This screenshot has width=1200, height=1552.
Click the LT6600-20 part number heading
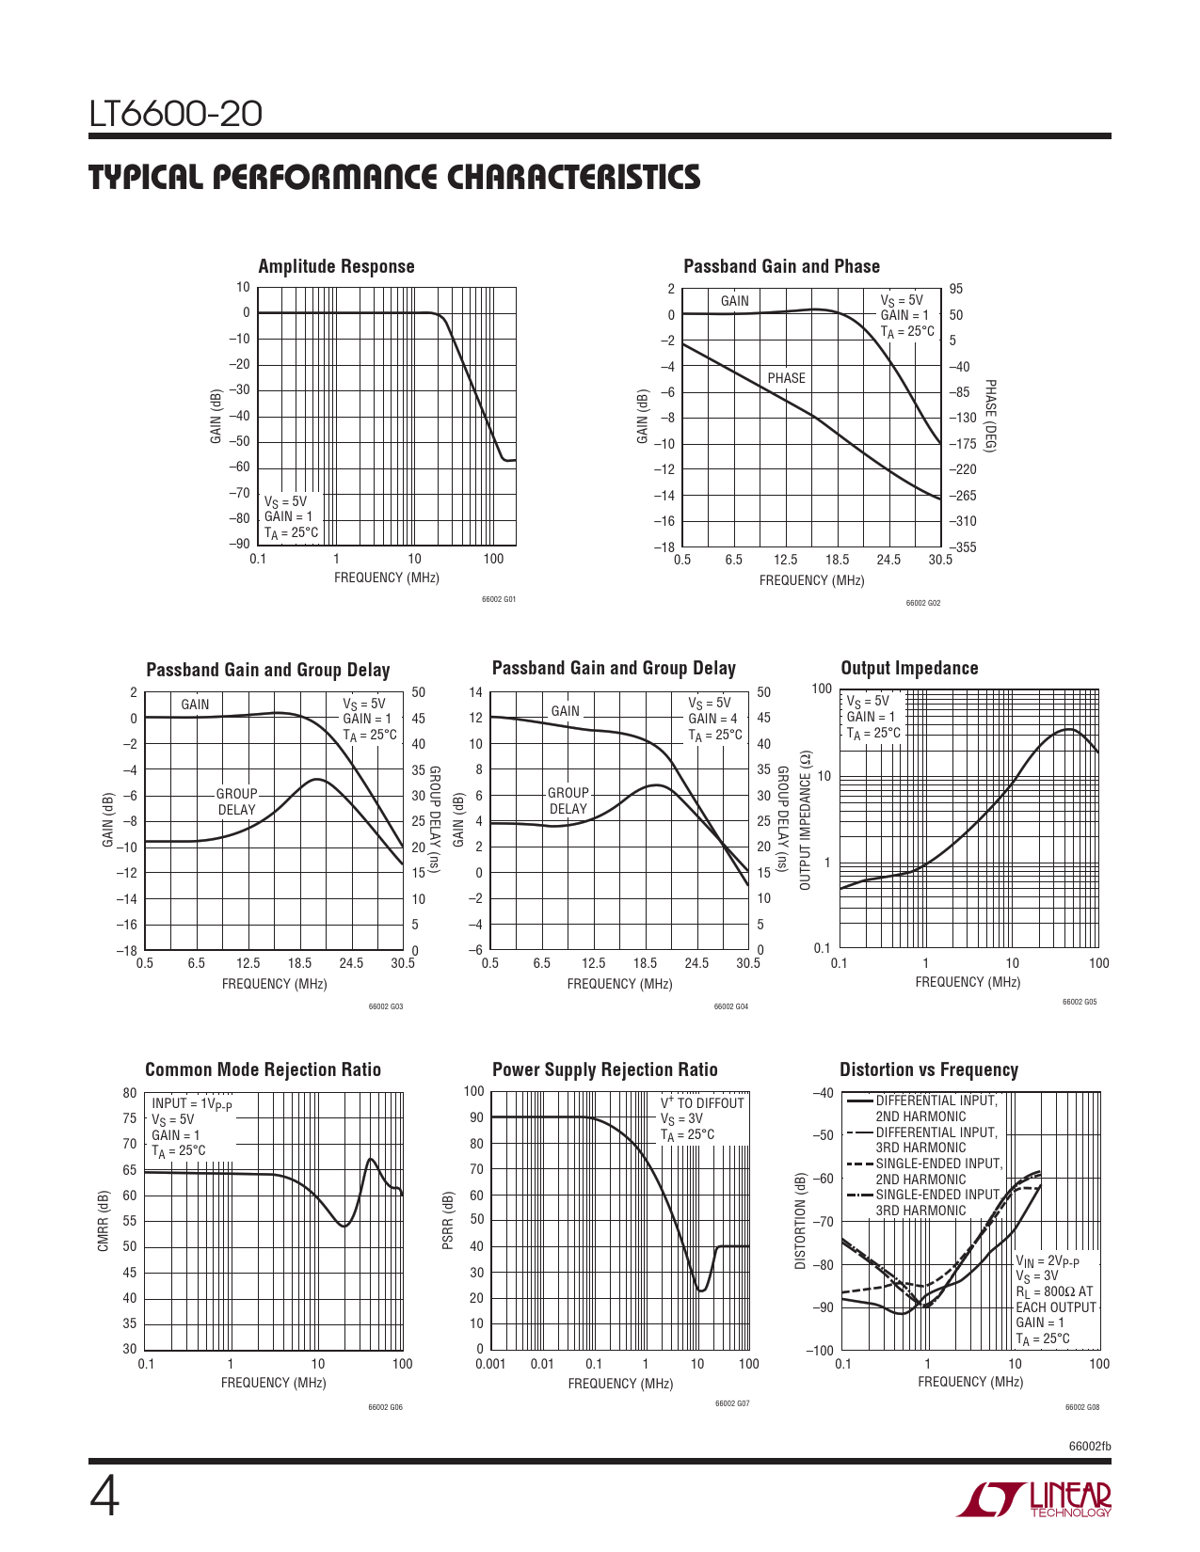pyautogui.click(x=175, y=115)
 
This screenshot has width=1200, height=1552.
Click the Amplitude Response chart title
pyautogui.click(x=336, y=266)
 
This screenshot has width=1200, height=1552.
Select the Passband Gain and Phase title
pyautogui.click(x=781, y=266)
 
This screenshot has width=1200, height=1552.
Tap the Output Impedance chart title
pyautogui.click(x=909, y=668)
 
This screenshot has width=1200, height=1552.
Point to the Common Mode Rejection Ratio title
pyautogui.click(x=263, y=1069)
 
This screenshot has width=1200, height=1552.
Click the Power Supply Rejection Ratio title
pyautogui.click(x=604, y=1069)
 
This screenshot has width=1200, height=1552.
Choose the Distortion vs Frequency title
pyautogui.click(x=928, y=1069)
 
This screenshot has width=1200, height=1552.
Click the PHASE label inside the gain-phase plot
pyautogui.click(x=786, y=378)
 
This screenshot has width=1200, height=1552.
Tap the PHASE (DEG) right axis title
pyautogui.click(x=990, y=417)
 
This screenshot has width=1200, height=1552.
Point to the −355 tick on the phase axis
pyautogui.click(x=963, y=547)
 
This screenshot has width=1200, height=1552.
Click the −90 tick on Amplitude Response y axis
pyautogui.click(x=239, y=544)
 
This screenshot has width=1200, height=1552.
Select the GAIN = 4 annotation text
pyautogui.click(x=712, y=719)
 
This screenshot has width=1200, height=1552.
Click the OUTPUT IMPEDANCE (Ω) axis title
pyautogui.click(x=805, y=820)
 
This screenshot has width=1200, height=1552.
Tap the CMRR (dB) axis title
pyautogui.click(x=104, y=1221)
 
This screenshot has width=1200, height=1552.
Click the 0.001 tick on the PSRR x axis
pyautogui.click(x=490, y=1364)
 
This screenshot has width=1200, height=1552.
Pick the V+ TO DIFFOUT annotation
pyautogui.click(x=702, y=1103)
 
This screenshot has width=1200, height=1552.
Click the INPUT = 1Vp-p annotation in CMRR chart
pyautogui.click(x=191, y=1104)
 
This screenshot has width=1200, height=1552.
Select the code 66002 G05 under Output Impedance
pyautogui.click(x=1080, y=1002)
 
